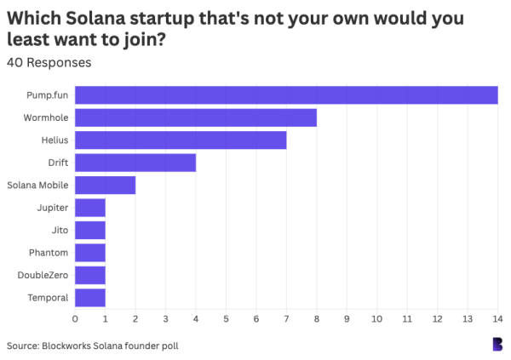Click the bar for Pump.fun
pyautogui.click(x=286, y=95)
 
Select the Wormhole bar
pyautogui.click(x=196, y=117)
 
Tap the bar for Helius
pyautogui.click(x=181, y=140)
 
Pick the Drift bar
pyautogui.click(x=135, y=163)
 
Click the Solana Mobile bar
pyautogui.click(x=106, y=185)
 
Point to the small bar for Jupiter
pyautogui.click(x=90, y=208)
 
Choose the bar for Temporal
pyautogui.click(x=90, y=297)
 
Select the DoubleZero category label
pyautogui.click(x=44, y=275)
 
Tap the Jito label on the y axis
pyautogui.click(x=60, y=230)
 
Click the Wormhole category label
pyautogui.click(x=47, y=117)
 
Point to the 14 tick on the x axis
pyautogui.click(x=497, y=319)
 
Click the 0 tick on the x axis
pyautogui.click(x=75, y=319)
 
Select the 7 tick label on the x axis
pyautogui.click(x=286, y=319)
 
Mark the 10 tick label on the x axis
pyautogui.click(x=376, y=319)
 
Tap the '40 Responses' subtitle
pyautogui.click(x=49, y=62)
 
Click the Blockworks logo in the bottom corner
pyautogui.click(x=497, y=344)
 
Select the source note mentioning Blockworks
pyautogui.click(x=93, y=346)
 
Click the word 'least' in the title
pyautogui.click(x=31, y=40)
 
